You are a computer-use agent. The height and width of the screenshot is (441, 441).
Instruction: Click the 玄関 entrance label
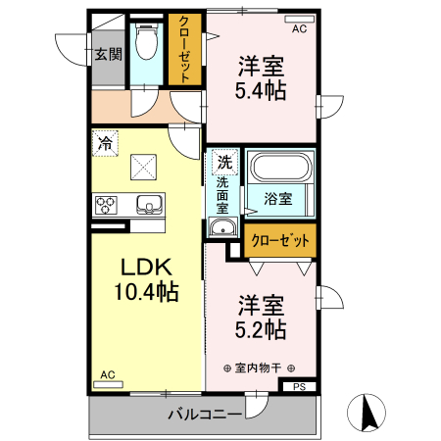pos(108,55)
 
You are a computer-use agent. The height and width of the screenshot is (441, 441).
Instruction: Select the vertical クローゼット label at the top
pos(183,50)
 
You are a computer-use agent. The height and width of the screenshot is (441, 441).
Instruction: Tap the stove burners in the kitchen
pos(106,205)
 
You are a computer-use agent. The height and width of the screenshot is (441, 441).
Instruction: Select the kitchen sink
pos(149,204)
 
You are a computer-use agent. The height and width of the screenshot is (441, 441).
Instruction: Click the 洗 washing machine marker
pos(224,162)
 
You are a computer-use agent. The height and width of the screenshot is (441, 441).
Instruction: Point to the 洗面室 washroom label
pos(223,194)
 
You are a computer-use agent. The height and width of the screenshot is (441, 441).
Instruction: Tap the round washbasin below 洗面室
pos(222,230)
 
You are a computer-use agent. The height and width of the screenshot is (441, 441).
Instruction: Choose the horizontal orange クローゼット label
pos(280,240)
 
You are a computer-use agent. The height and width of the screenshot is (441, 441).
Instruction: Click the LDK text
pos(146,267)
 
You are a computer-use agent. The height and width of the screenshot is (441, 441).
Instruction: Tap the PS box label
pos(299,386)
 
